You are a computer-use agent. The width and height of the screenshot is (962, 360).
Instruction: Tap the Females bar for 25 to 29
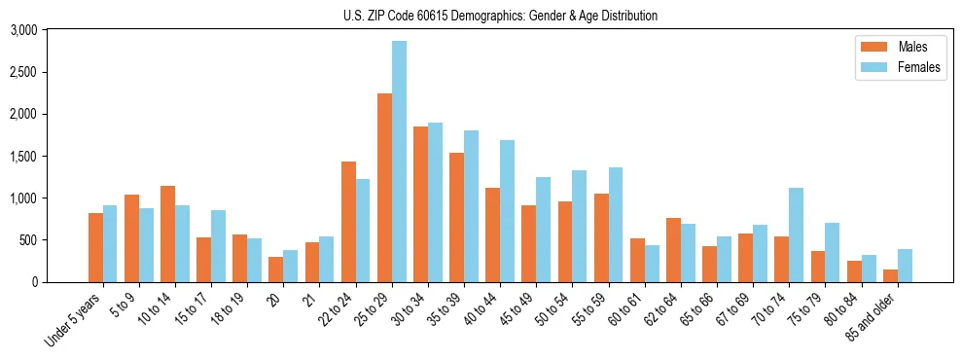[x=399, y=162]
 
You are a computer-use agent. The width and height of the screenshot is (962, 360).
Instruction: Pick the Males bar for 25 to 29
[x=384, y=188]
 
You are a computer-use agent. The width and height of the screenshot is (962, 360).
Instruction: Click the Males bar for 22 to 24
[x=348, y=222]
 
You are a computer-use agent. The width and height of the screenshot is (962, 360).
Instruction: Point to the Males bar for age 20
[x=276, y=270]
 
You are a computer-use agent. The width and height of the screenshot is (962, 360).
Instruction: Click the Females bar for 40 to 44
[x=507, y=211]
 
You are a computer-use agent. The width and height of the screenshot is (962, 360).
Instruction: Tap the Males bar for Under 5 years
[x=95, y=247]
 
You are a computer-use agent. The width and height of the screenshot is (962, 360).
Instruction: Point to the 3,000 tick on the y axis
[x=23, y=30]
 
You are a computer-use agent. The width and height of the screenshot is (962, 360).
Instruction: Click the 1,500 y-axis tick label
[x=23, y=156]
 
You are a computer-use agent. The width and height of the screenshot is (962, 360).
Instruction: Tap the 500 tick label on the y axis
[x=29, y=240]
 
